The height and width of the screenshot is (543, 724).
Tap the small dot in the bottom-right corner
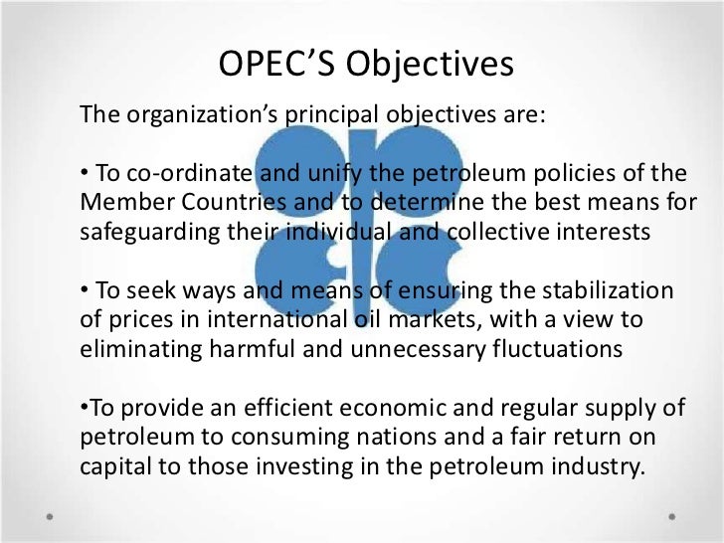point(673,518)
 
